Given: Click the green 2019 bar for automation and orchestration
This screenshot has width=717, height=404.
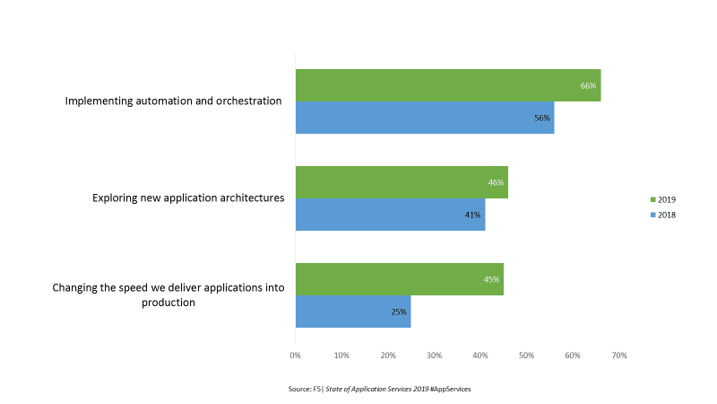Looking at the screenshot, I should [x=448, y=85].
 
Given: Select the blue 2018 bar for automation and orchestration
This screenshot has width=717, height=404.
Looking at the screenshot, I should [x=425, y=118].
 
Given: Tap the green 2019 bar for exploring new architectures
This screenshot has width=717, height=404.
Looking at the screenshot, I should [x=402, y=182].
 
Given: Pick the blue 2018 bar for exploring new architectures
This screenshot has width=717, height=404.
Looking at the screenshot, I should [x=390, y=215].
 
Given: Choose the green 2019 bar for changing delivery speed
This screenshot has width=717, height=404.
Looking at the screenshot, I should [x=399, y=279].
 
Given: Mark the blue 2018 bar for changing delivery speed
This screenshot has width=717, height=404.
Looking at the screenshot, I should [x=353, y=312].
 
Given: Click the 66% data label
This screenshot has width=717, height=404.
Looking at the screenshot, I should [x=588, y=85].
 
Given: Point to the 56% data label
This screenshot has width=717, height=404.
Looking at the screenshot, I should [x=542, y=118].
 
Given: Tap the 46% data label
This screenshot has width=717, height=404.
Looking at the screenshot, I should [x=496, y=182].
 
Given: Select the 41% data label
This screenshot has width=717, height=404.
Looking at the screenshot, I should [x=473, y=215].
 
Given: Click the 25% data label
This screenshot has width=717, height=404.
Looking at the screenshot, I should [x=399, y=312].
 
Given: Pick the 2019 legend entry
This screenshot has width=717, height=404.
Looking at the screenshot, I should [x=662, y=198].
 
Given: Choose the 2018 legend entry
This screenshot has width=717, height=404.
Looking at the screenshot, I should [x=662, y=215].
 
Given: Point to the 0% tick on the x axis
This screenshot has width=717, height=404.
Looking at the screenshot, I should [x=295, y=356].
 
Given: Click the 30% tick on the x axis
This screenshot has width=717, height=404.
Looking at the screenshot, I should [x=434, y=356].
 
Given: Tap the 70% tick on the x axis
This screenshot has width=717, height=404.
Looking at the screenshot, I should [x=619, y=356].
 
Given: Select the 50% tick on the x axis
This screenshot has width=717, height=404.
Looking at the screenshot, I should [x=527, y=356].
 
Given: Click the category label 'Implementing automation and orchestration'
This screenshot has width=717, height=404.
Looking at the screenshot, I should [x=174, y=101].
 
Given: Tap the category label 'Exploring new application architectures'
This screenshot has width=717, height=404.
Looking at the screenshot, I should [x=188, y=198].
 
